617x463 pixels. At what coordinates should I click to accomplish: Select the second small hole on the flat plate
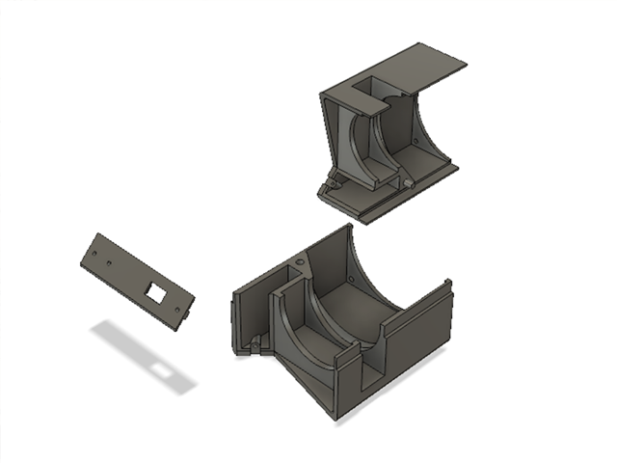(114, 261)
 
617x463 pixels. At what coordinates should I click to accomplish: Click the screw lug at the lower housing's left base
(255, 344)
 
